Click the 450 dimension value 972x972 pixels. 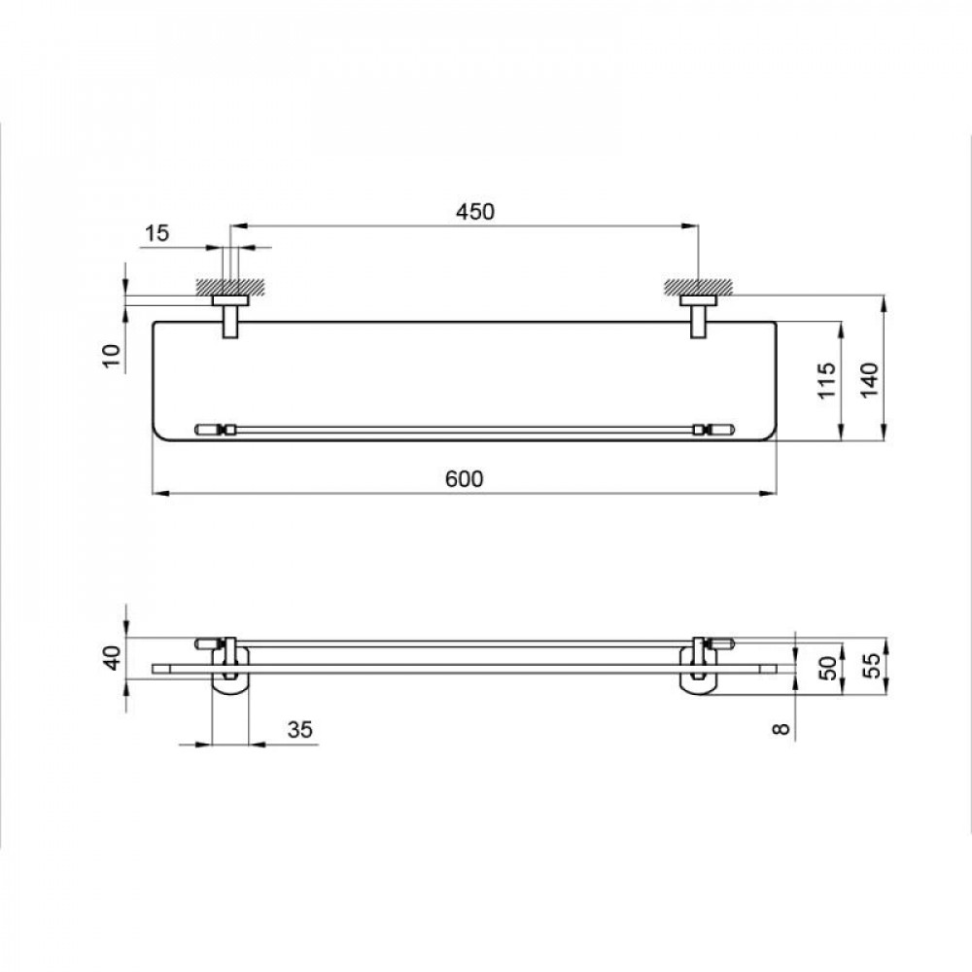click(x=475, y=212)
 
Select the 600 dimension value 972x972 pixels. click(x=465, y=479)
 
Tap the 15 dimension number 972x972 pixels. click(x=156, y=233)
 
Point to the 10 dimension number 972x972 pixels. click(x=112, y=356)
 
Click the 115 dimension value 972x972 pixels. click(x=826, y=381)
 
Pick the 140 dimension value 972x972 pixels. click(x=869, y=380)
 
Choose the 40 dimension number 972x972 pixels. click(x=113, y=658)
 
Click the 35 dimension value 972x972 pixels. click(x=300, y=730)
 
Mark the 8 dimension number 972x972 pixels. click(x=781, y=728)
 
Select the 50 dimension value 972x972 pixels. click(x=828, y=668)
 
